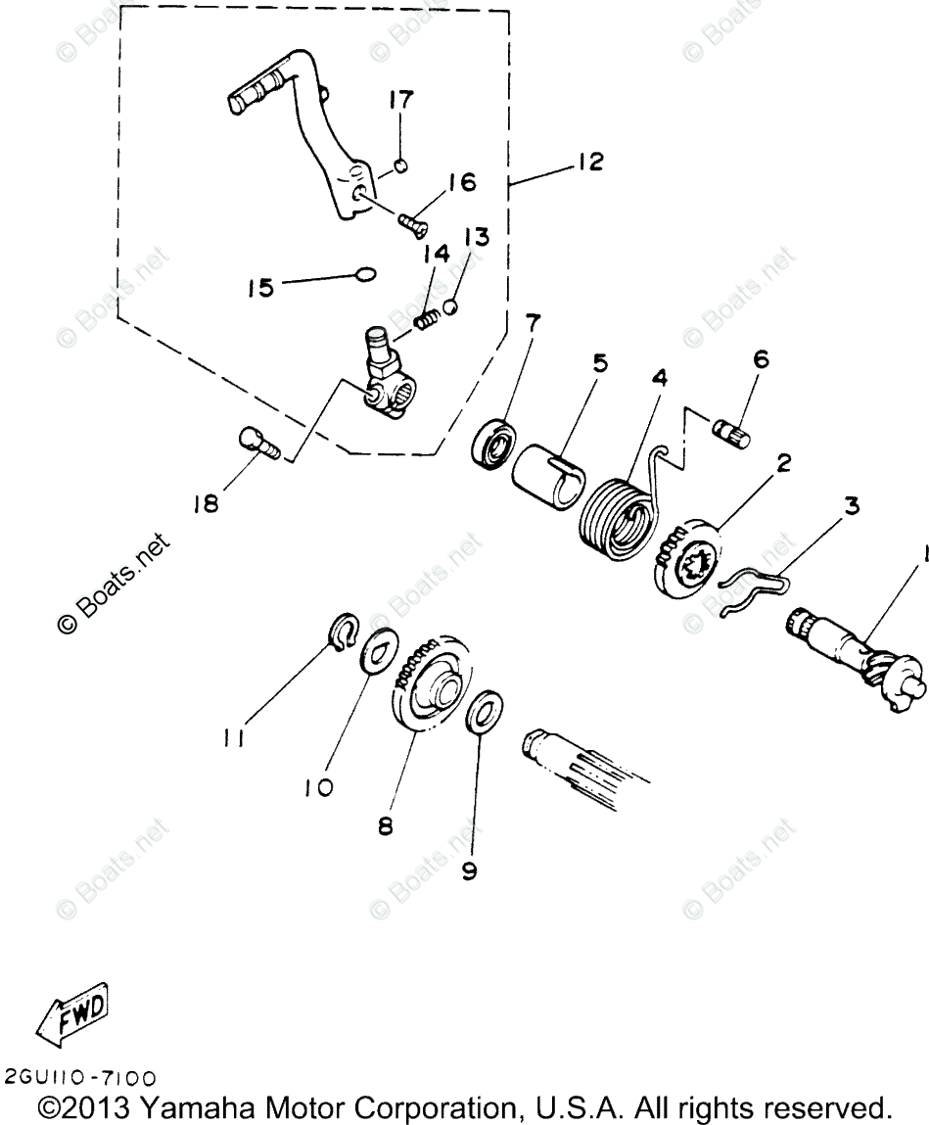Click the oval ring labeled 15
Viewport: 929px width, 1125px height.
click(366, 275)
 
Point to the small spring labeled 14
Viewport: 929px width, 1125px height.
click(425, 317)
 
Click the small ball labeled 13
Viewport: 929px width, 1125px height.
click(451, 307)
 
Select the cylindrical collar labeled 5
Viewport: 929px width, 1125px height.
click(543, 476)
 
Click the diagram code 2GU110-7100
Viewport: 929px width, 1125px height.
click(79, 1079)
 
